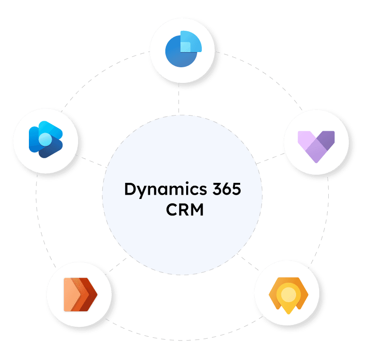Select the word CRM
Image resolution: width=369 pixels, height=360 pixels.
pyautogui.click(x=185, y=209)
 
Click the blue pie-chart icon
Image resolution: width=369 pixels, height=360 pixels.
pyautogui.click(x=183, y=49)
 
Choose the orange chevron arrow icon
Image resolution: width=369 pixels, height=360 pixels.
pyautogui.click(x=80, y=294)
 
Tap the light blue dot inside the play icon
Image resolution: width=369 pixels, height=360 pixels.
pyautogui.click(x=45, y=139)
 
